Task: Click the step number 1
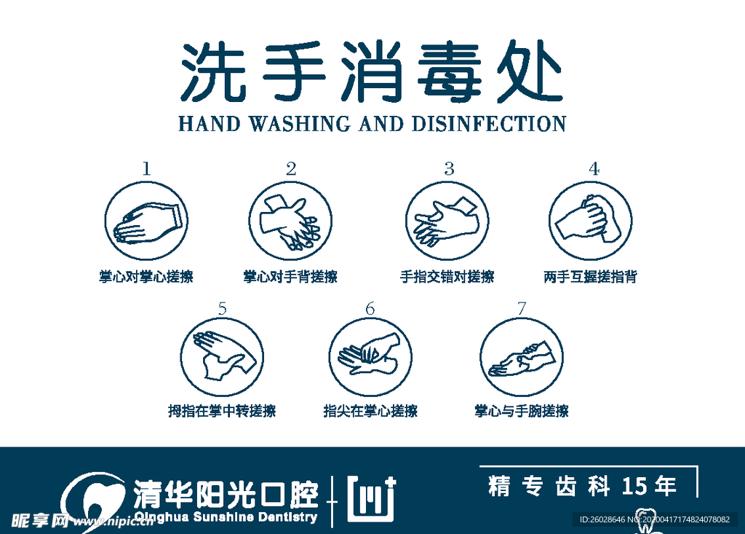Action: pos(146,169)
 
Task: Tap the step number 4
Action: pos(594,169)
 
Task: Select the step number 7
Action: pos(522,309)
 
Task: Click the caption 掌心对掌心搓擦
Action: pos(146,277)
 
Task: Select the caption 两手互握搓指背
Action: pos(590,277)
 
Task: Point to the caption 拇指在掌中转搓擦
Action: pos(222,411)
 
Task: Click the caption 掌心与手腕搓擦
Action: pos(522,411)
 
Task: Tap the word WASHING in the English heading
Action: pos(299,125)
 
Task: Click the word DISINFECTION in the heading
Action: pos(490,125)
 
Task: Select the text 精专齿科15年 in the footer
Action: pos(583,487)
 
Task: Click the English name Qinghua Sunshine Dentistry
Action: pos(226,517)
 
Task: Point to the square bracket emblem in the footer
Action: pos(371,499)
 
